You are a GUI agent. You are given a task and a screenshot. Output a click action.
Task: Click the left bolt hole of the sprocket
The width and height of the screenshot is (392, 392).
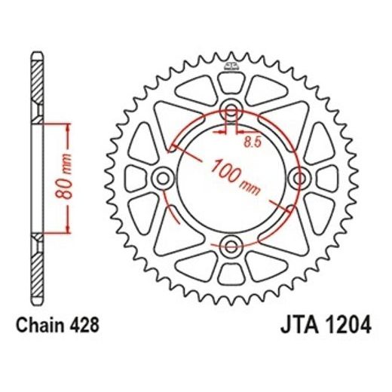(161, 179)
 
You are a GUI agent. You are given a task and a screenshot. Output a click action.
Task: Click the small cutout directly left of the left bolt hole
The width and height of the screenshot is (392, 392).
(135, 179)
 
